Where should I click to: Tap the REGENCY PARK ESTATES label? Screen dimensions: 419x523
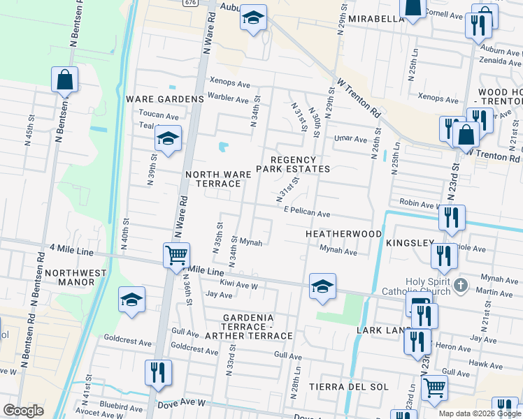tap(292, 163)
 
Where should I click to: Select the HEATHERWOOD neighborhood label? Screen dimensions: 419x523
tap(343, 233)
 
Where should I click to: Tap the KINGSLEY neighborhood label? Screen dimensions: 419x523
tap(410, 243)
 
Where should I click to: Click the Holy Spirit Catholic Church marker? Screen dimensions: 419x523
tap(460, 285)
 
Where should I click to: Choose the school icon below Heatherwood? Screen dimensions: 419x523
tap(322, 286)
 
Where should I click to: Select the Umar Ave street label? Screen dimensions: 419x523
tap(350, 139)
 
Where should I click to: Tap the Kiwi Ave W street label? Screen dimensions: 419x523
tap(239, 286)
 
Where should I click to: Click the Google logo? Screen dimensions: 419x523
tap(23, 411)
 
